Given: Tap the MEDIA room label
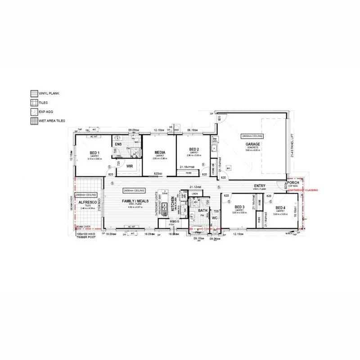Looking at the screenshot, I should coord(159,153).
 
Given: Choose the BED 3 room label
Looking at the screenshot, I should coord(239,207).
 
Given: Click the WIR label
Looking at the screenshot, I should coord(130,166).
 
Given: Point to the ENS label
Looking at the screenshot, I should coord(118,144).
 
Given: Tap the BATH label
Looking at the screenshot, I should coord(202,210).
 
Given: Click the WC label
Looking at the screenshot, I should coord(215,218).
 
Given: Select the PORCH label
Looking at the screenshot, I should coord(293,182).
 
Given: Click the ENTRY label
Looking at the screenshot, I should coord(260,186).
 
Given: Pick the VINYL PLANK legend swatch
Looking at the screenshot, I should coord(33,94).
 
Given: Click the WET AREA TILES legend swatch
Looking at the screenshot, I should coord(33,121).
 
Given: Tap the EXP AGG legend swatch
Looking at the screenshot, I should coord(33,112).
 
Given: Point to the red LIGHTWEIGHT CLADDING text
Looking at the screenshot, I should coord(306,191).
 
